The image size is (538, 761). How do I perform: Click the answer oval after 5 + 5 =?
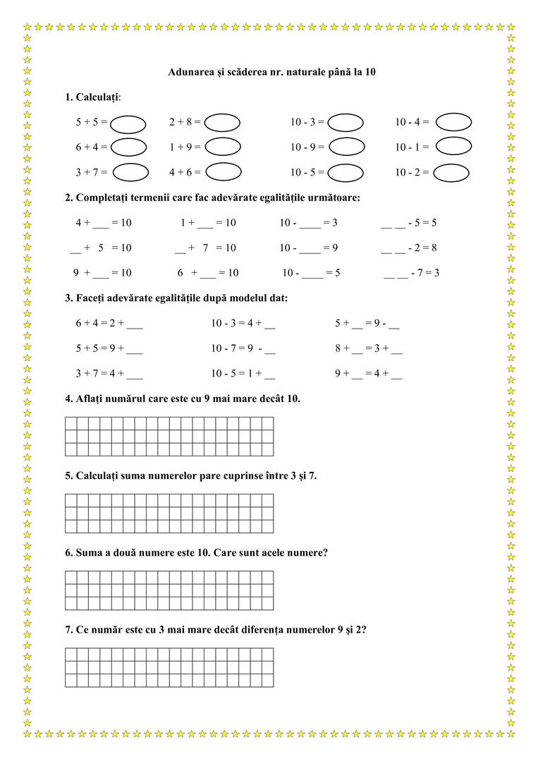[x=128, y=123]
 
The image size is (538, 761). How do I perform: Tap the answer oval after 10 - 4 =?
[x=453, y=122]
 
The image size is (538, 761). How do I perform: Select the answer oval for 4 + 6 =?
[x=224, y=171]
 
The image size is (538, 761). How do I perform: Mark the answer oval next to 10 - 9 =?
[x=346, y=147]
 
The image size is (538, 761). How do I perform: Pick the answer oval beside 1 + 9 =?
[x=223, y=146]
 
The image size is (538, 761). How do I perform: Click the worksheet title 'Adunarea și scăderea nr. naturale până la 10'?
[x=271, y=72]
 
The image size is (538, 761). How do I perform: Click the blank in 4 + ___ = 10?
[x=101, y=224]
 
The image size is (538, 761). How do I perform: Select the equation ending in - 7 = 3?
[x=411, y=273]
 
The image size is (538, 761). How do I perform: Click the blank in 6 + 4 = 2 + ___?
[x=135, y=325]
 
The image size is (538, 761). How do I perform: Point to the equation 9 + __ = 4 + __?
[x=368, y=375]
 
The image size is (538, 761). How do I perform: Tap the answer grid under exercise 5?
[x=169, y=513]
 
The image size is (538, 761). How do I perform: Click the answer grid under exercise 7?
[x=169, y=667]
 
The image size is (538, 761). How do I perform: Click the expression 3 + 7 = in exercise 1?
[x=91, y=172]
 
